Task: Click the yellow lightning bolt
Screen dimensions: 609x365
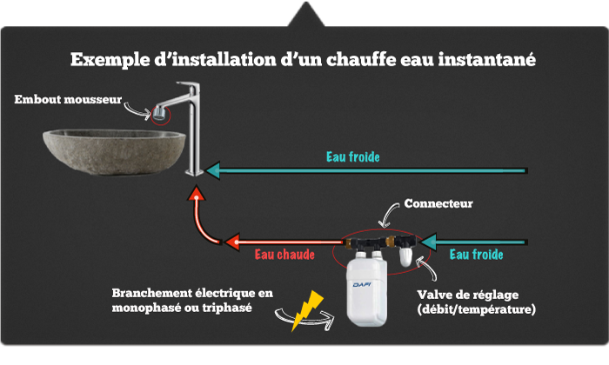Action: (308, 311)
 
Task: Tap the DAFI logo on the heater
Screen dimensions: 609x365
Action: (362, 285)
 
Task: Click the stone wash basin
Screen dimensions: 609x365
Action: (114, 152)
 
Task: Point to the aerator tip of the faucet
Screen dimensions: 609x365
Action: (160, 113)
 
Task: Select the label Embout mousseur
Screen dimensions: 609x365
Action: (68, 100)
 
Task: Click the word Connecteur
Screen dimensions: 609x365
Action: (438, 203)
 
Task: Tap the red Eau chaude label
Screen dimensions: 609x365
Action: (284, 255)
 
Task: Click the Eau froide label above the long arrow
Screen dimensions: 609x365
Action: (353, 156)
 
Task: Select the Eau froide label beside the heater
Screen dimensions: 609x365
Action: (477, 255)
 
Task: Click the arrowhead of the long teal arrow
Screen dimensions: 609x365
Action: (212, 170)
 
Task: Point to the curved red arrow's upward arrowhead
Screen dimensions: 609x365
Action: (197, 193)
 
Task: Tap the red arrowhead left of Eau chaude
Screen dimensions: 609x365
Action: (232, 242)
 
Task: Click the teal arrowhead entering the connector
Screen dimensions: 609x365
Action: (428, 242)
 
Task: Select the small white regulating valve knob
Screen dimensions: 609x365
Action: (405, 256)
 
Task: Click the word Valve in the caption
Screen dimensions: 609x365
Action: (432, 295)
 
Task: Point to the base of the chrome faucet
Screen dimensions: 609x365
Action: (194, 172)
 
